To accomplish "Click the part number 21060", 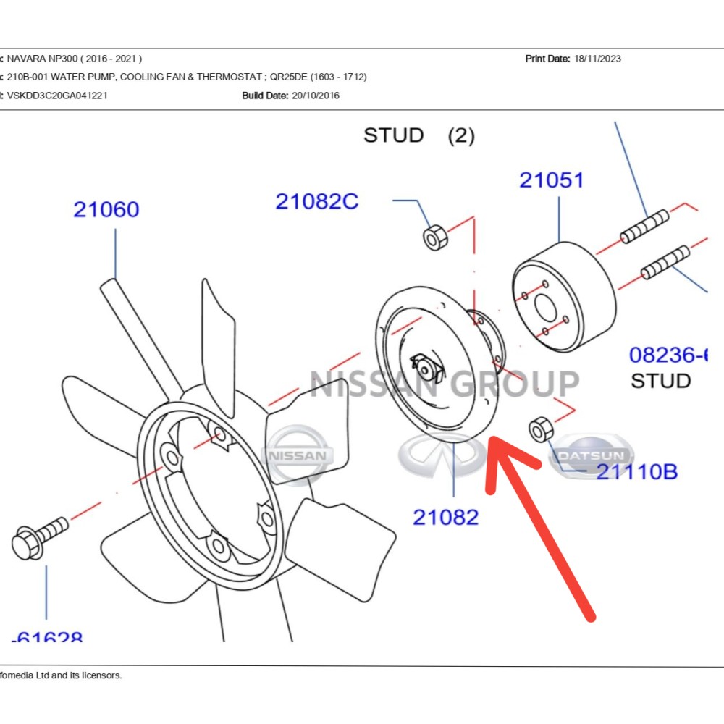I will [x=106, y=210].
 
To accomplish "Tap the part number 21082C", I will [x=316, y=201].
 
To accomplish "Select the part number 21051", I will [x=551, y=180].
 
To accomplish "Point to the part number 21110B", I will [x=636, y=471].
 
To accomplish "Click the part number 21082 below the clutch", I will [x=445, y=517].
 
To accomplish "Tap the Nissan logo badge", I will [x=298, y=455].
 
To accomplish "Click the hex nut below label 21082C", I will [x=434, y=237].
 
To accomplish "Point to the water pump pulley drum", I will [x=565, y=296].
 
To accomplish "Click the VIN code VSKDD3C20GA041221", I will [x=58, y=96].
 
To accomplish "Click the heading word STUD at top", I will [x=393, y=135].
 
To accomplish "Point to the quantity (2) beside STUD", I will [x=461, y=135].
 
